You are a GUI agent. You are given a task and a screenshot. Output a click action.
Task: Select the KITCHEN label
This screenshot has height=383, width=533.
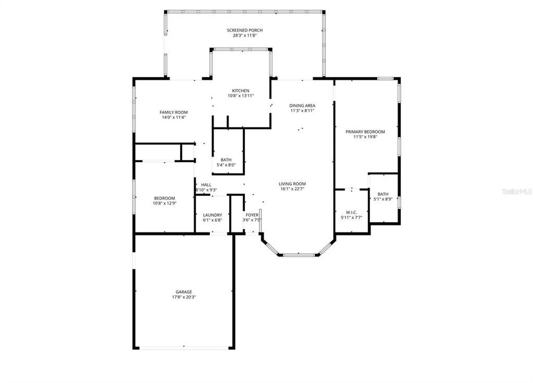pos(240,90)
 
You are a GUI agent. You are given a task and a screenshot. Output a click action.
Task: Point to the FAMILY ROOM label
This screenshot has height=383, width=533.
pos(174,112)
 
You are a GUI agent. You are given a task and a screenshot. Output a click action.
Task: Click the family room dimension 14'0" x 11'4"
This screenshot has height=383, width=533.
pos(174,118)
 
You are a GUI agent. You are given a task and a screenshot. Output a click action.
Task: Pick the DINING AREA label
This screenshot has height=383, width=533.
pos(302,105)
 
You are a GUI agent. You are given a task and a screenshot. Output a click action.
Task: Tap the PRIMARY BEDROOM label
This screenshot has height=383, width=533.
pos(365,131)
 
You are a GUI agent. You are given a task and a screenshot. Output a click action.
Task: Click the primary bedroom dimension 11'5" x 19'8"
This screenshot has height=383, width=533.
pos(365,137)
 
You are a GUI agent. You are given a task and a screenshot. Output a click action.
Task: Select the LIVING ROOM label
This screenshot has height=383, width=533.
pos(292,184)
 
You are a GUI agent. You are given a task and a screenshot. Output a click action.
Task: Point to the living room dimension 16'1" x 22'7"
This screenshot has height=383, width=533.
pos(292,189)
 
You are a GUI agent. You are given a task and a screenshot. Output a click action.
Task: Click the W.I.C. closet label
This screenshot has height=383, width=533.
pos(351,212)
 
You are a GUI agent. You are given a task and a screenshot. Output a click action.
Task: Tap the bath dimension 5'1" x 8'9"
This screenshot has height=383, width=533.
pos(383,199)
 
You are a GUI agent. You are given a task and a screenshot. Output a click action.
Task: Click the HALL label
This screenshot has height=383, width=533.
pos(206,185)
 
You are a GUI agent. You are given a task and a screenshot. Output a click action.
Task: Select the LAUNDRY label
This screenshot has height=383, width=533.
pos(213,214)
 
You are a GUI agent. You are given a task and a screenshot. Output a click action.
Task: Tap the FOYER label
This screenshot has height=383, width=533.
pos(252,214)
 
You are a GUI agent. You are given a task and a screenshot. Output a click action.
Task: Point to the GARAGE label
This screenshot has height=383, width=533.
pos(184,292)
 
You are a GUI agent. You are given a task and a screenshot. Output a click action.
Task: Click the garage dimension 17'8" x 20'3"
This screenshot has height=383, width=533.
pos(184,297)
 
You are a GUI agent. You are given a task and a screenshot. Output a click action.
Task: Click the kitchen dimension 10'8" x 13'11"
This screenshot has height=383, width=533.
pos(240,96)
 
